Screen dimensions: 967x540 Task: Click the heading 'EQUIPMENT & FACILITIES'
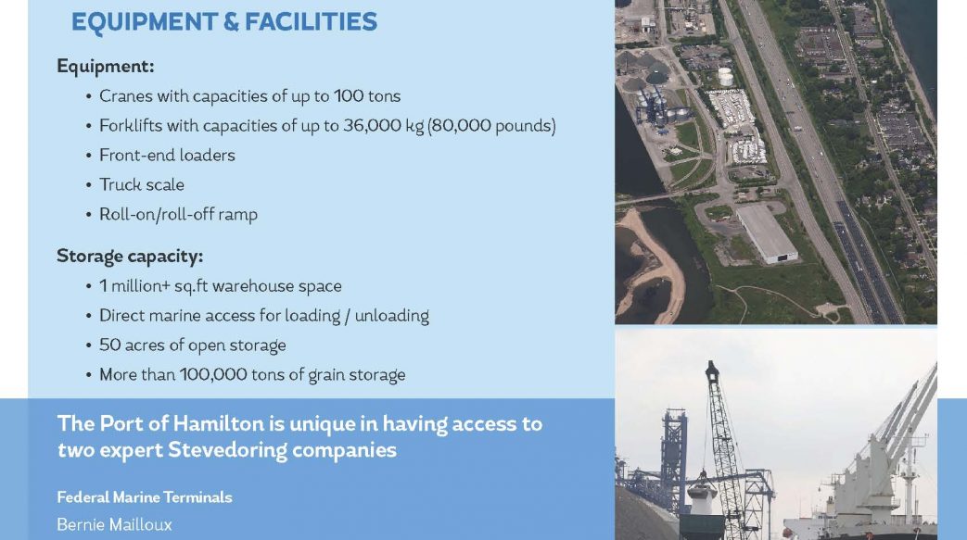(223, 21)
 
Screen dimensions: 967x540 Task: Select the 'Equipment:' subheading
(106, 66)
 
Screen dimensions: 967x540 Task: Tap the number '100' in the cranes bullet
(349, 96)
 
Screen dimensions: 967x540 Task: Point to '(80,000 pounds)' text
(491, 126)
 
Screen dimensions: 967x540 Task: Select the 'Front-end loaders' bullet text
(167, 156)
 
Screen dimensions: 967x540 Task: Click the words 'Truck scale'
(142, 185)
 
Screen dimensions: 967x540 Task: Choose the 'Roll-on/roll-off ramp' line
(178, 215)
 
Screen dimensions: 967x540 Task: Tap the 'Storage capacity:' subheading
(130, 256)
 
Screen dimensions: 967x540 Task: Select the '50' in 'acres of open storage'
(109, 345)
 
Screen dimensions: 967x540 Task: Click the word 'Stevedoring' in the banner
(227, 450)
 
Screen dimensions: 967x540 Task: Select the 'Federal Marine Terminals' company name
(145, 496)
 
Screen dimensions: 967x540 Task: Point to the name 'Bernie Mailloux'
(114, 524)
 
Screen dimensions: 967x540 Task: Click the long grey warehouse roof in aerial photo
(767, 233)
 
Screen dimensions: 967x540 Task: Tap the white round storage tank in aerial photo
(725, 77)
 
